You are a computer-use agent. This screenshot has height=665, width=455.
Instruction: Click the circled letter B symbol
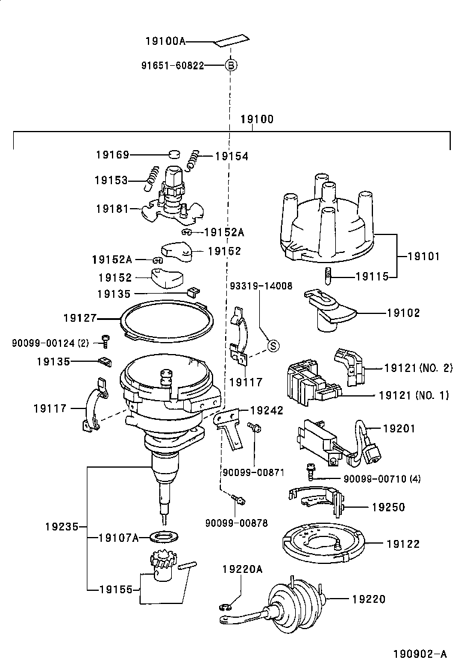click(x=230, y=65)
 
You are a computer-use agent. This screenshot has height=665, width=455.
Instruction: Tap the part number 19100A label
click(x=165, y=41)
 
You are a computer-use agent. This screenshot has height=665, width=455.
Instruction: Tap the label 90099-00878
click(x=236, y=522)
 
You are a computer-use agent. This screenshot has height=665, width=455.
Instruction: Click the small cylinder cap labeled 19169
click(x=174, y=154)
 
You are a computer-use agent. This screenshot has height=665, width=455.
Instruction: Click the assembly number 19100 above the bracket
click(x=256, y=119)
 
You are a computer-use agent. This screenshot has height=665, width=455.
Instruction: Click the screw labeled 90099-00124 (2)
click(x=105, y=341)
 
